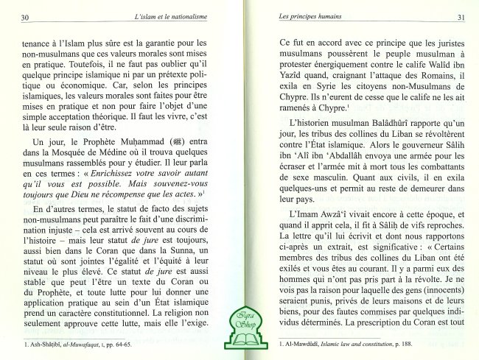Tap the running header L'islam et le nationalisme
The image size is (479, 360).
coord(147,16)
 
